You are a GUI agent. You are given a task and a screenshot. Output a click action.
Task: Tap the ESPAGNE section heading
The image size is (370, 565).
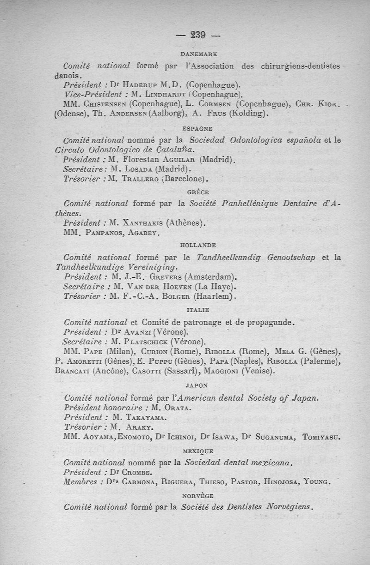click(x=197, y=129)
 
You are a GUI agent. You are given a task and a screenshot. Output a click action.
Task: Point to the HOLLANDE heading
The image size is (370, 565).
click(x=198, y=246)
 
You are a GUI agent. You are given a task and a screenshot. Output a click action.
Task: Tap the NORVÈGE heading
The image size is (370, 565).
click(x=197, y=495)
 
